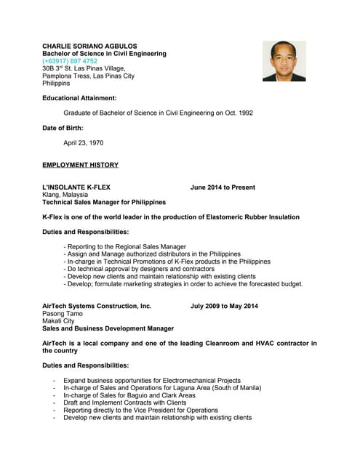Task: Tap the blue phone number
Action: [x=70, y=61]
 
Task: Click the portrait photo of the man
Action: [x=284, y=60]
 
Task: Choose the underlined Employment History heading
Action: [x=80, y=165]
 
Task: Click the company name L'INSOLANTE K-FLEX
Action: [x=76, y=187]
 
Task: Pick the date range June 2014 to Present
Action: [x=223, y=187]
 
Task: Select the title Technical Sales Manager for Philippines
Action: [x=104, y=202]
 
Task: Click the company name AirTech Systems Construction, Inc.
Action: [x=97, y=307]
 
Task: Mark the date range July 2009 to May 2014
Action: [x=224, y=307]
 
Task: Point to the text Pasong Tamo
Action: [x=63, y=314]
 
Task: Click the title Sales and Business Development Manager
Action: [x=108, y=328]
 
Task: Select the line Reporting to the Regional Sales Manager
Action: [x=125, y=247]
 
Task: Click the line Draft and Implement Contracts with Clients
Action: [x=125, y=403]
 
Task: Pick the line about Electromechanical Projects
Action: [x=152, y=381]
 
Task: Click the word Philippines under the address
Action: [x=57, y=84]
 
